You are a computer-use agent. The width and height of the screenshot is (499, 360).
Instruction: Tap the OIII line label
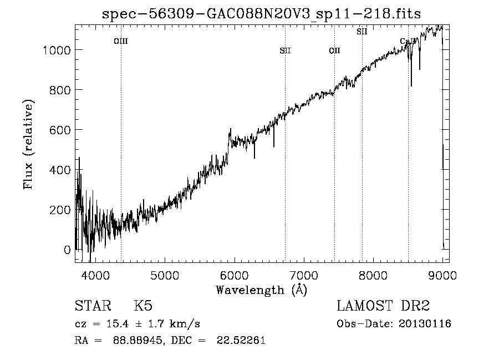pos(120,41)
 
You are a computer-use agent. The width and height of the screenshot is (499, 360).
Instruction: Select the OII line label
pos(334,50)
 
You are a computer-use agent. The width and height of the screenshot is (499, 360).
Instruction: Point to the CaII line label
pos(408,41)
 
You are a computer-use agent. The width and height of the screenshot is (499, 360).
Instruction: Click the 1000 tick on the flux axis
pos(57,50)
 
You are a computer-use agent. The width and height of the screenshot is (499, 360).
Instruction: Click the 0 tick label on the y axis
pos(67,250)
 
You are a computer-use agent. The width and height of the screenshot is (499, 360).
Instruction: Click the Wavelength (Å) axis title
pos(261,290)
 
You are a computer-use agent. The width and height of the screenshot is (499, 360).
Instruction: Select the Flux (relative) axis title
pos(28,145)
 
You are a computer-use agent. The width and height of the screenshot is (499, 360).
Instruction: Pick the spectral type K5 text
pos(143,307)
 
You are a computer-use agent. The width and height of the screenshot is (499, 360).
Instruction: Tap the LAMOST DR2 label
pos(383,307)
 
